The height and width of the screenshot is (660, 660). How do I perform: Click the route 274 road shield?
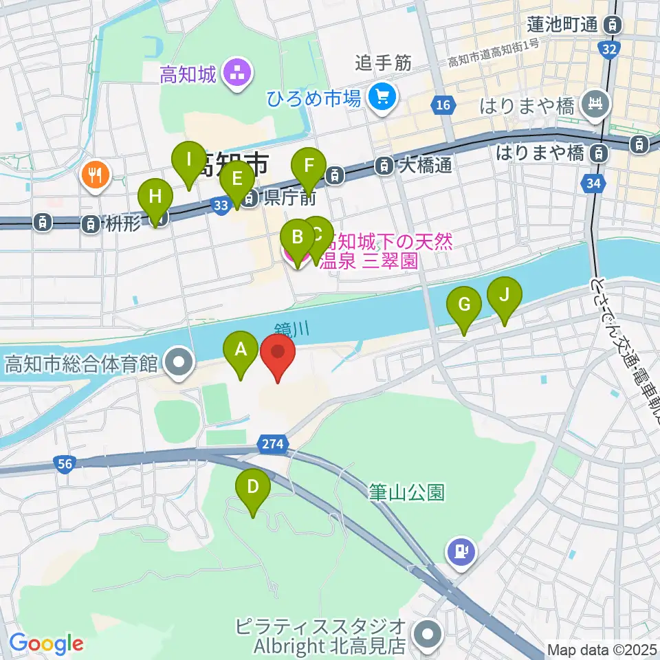272,444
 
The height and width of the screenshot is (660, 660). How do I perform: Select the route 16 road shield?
443,104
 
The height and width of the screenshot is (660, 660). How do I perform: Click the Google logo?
46,643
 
